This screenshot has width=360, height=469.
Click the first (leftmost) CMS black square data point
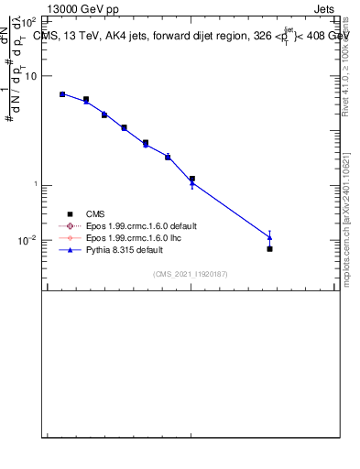[62, 94]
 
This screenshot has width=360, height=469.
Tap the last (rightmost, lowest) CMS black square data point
[269, 248]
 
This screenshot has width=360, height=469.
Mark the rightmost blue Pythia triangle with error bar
[269, 237]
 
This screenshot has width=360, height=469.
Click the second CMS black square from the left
[86, 99]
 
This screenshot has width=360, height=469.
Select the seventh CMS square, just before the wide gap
[191, 179]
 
